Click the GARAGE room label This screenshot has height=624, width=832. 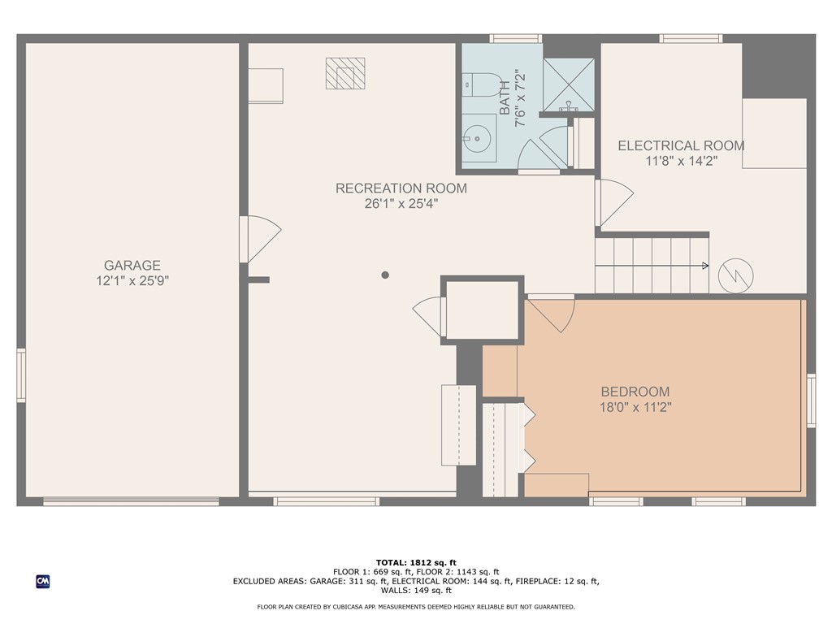click(x=132, y=265)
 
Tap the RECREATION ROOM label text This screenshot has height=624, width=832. click(x=401, y=188)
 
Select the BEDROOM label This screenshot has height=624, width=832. click(x=635, y=392)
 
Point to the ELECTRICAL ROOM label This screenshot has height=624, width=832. click(x=681, y=146)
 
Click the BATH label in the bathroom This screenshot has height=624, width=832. click(x=505, y=97)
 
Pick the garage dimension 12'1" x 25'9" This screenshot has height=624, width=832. click(x=132, y=281)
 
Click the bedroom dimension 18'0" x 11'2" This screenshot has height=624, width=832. click(x=635, y=407)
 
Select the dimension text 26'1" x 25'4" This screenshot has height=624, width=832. click(x=401, y=204)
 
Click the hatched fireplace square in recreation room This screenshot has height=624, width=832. click(x=345, y=73)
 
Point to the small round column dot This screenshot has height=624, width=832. click(x=385, y=275)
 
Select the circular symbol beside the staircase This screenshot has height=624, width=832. click(x=736, y=275)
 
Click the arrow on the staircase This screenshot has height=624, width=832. click(x=703, y=266)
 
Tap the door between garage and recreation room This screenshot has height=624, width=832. click(x=258, y=239)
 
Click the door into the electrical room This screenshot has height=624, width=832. click(x=613, y=203)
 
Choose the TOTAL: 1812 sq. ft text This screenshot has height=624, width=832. click(x=415, y=562)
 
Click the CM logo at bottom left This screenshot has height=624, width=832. click(x=42, y=581)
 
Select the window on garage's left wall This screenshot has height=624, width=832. click(x=21, y=375)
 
